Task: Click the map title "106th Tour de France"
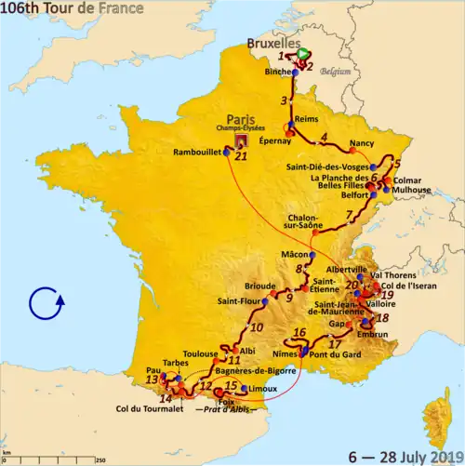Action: [x=72, y=9]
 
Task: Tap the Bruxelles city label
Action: [x=272, y=43]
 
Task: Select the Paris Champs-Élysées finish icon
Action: [x=243, y=140]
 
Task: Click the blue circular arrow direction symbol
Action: [x=45, y=304]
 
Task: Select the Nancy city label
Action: [x=361, y=144]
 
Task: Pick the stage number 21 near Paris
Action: [x=243, y=156]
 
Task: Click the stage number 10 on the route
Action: [x=256, y=326]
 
